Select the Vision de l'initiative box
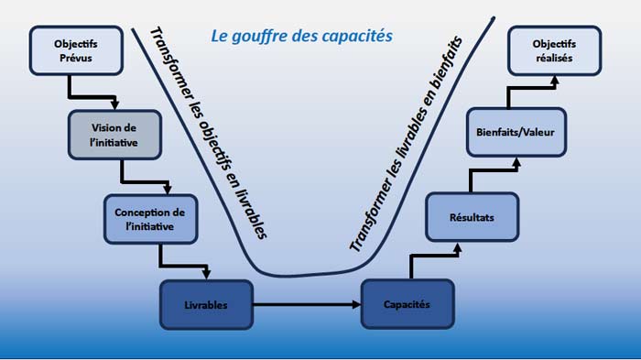coord(114,134)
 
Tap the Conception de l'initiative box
coord(150,218)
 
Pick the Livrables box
coord(206,303)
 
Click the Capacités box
coord(407,303)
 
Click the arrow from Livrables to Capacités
coord(306,303)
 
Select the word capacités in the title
coord(359,37)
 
